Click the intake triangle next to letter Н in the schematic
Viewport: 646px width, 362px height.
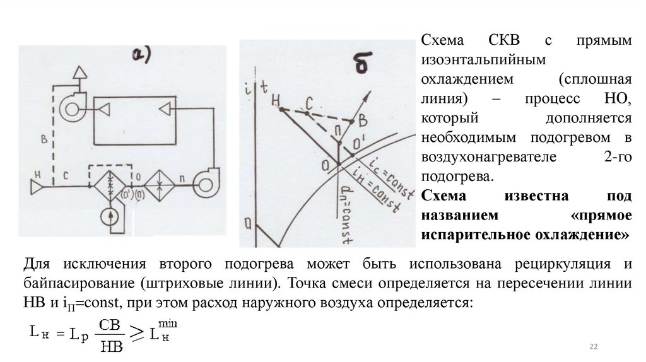[37, 187]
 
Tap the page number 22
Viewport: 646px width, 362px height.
[593, 346]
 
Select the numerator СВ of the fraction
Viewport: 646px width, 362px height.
[110, 324]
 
